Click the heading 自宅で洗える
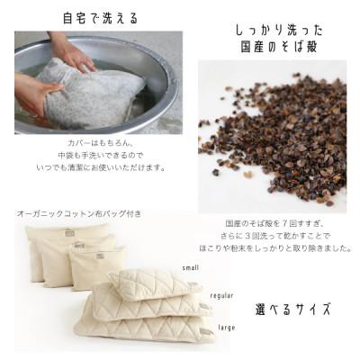(x=101, y=17)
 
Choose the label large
(x=227, y=328)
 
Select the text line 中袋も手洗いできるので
(x=99, y=154)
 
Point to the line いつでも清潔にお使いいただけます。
(x=99, y=167)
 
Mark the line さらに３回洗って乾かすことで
(x=275, y=235)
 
